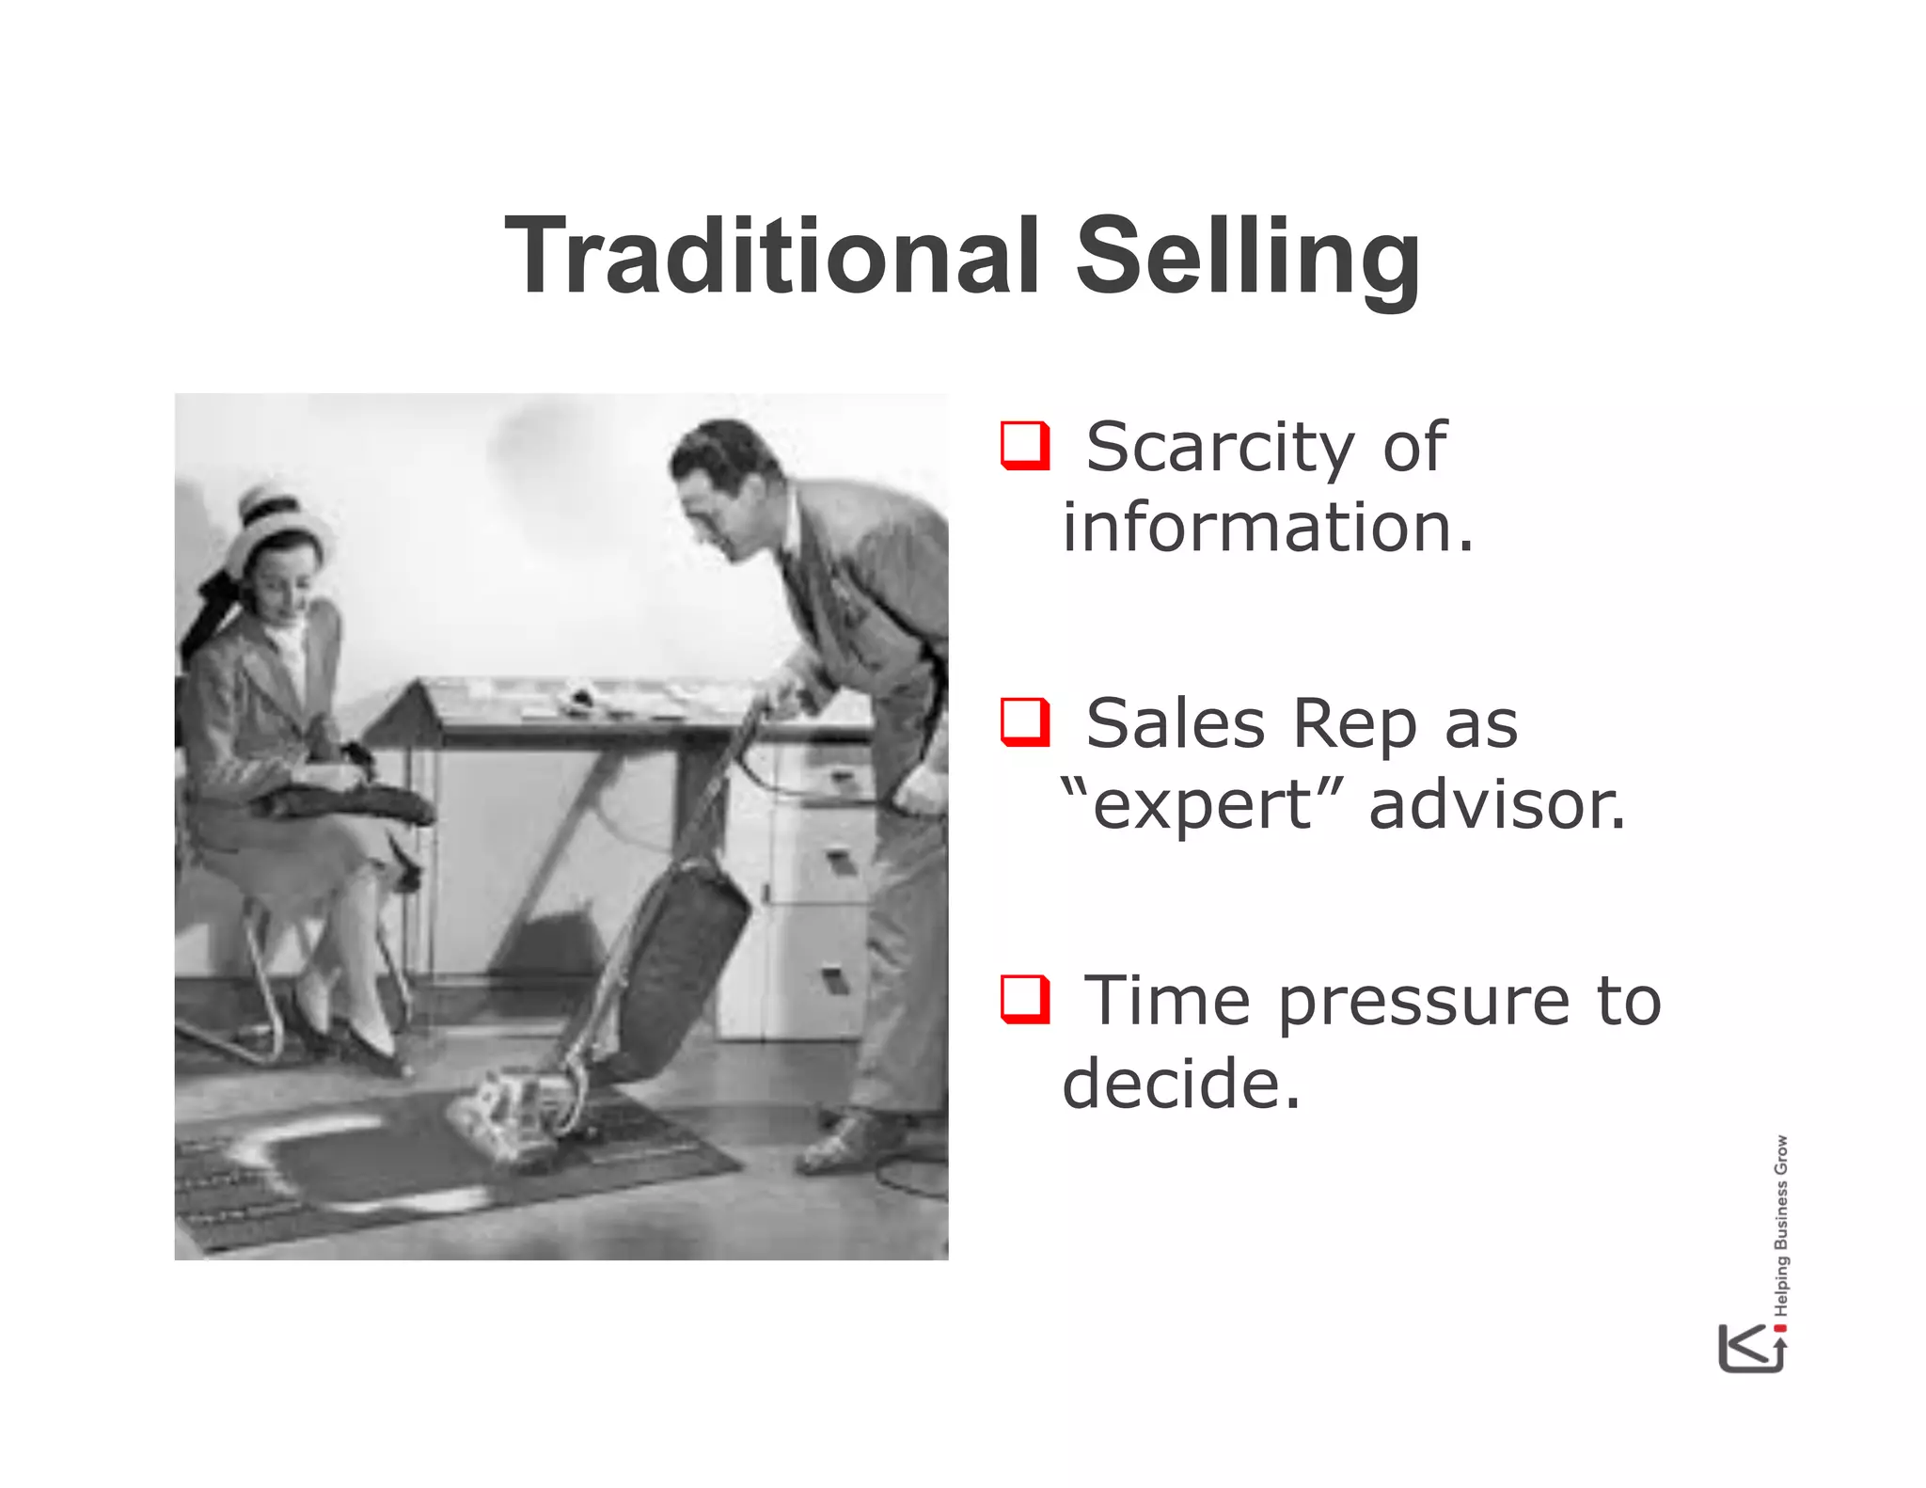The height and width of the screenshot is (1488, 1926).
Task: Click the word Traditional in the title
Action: [771, 256]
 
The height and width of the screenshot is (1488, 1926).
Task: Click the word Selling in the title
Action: [1248, 256]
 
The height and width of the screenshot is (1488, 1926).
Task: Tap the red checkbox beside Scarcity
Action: [1024, 446]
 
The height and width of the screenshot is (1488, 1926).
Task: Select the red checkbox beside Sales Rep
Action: [1024, 722]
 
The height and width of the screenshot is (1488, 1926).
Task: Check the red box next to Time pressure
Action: [1024, 999]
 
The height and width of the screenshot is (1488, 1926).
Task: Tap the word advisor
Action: [1496, 806]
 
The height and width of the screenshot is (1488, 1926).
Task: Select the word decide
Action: [1180, 1084]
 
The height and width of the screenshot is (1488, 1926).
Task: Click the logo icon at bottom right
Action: [1751, 1348]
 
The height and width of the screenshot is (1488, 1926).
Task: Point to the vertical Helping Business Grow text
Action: [1781, 1226]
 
